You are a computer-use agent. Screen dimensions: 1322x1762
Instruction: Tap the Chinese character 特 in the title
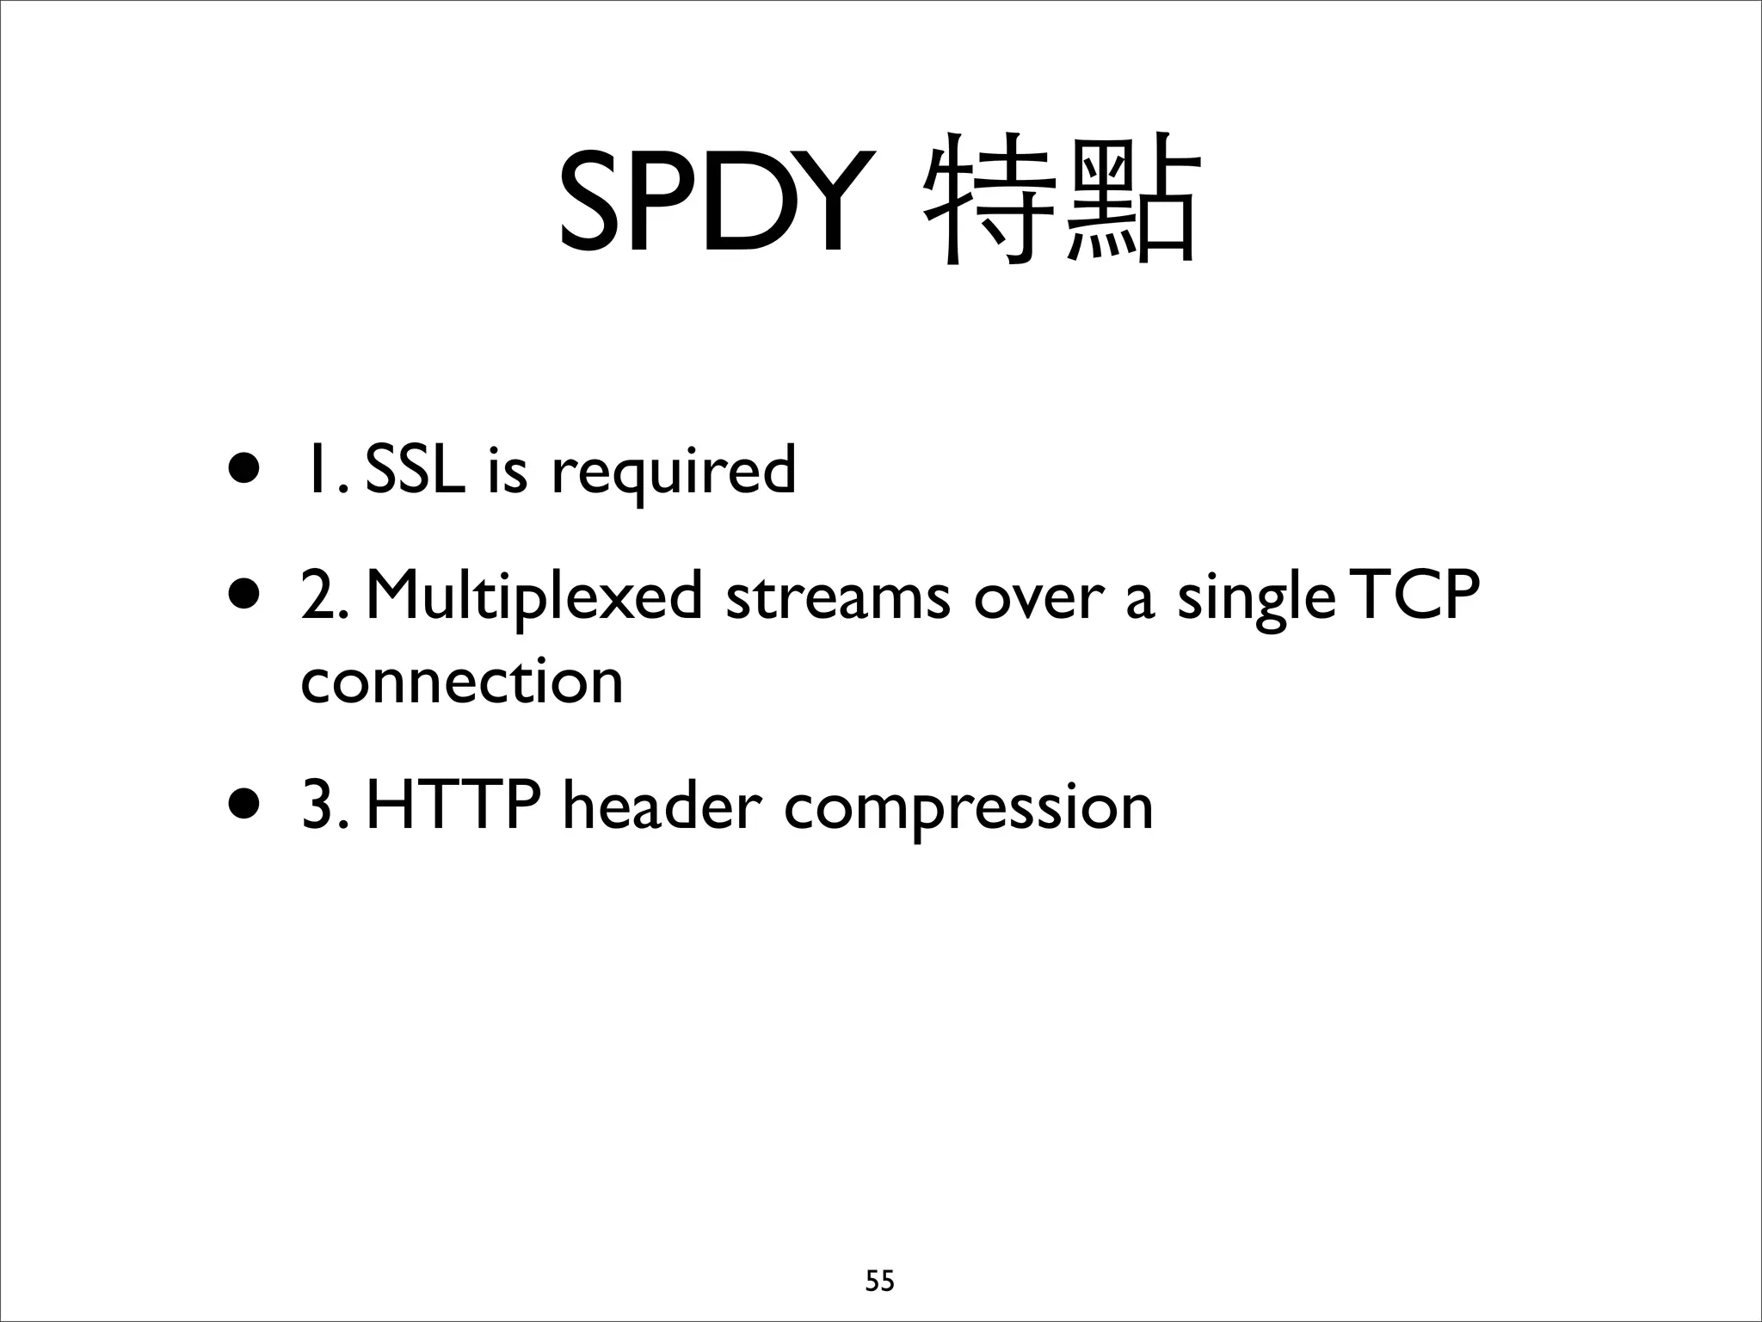coord(990,200)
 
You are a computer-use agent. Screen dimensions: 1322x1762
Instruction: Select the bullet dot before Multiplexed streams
coord(243,596)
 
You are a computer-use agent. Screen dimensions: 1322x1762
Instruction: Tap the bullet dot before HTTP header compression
coord(243,806)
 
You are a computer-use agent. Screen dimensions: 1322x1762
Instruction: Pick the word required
coord(673,473)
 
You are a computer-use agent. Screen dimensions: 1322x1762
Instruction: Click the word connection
coord(462,682)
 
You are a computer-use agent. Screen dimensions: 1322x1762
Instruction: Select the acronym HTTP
coord(453,806)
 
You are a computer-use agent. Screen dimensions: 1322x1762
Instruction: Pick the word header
coord(662,806)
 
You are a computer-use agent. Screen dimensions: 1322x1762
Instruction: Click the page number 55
coord(879,1282)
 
